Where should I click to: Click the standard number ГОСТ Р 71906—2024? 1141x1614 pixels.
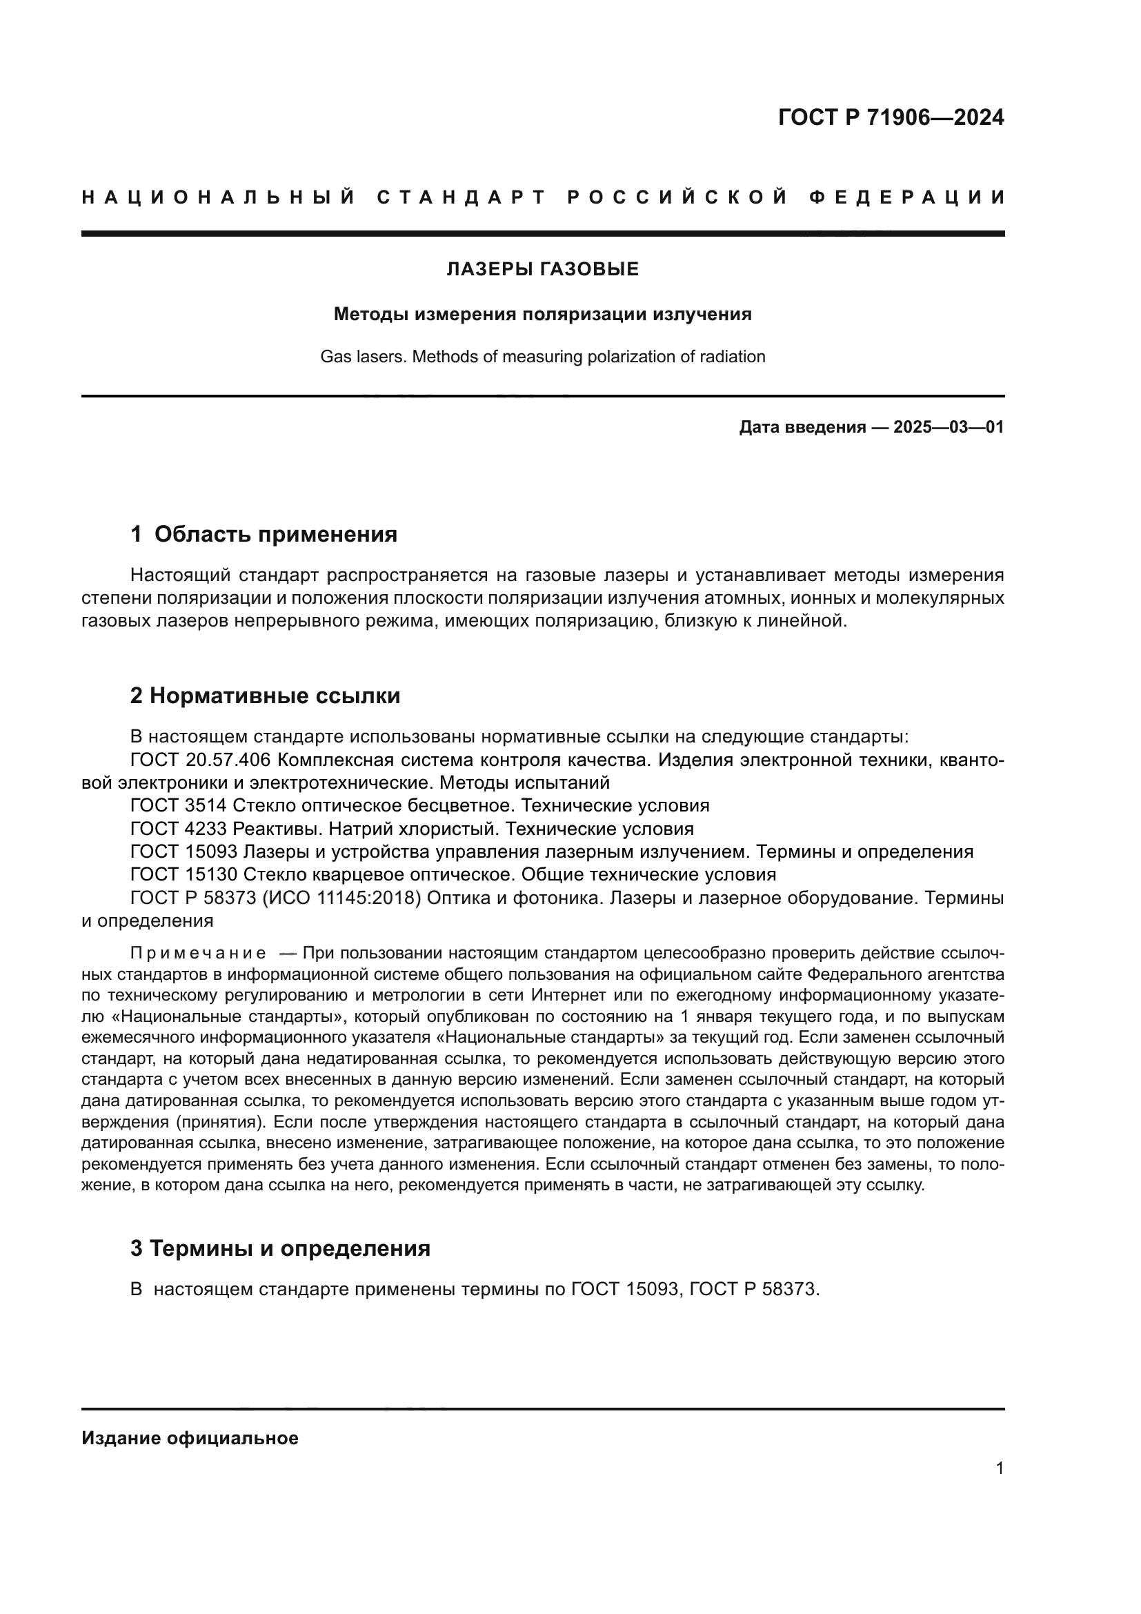(890, 117)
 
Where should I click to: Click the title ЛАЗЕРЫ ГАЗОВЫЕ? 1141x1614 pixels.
(542, 269)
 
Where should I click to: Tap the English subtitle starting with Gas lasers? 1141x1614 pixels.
(542, 357)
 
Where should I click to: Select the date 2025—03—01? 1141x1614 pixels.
(948, 427)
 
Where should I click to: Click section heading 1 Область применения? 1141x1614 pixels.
(264, 534)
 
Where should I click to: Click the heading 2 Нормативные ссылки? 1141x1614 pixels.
(265, 696)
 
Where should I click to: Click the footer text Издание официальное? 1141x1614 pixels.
(190, 1438)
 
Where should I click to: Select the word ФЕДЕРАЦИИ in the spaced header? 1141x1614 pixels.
(907, 197)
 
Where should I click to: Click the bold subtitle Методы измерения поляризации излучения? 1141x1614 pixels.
(542, 314)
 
